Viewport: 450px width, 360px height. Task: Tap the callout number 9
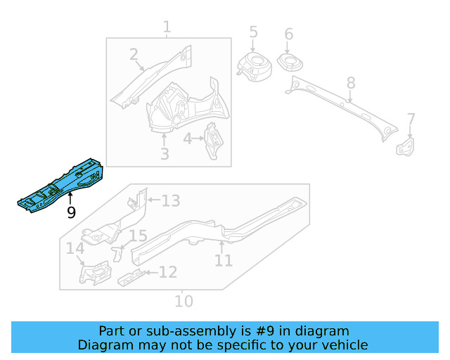pos(71,212)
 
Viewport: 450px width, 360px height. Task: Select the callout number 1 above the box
pos(167,28)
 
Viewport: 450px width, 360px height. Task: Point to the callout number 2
pos(134,55)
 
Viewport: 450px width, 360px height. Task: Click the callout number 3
pos(165,153)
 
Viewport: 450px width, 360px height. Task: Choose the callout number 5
pos(253,32)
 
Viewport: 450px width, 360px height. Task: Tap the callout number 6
pos(288,34)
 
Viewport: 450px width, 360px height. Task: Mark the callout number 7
pos(411,120)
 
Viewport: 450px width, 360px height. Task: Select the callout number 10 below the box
pos(183,301)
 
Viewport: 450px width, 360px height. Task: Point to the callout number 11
pos(223,260)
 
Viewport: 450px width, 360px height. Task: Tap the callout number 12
pos(167,272)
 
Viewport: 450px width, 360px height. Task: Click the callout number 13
pos(171,201)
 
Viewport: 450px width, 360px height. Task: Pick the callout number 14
pos(75,248)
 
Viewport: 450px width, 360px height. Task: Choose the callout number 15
pos(138,236)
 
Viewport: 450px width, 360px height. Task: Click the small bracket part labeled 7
pos(406,146)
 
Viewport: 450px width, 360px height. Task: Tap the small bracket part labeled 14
pos(94,273)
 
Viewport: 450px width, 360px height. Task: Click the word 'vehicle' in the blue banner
pos(343,345)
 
